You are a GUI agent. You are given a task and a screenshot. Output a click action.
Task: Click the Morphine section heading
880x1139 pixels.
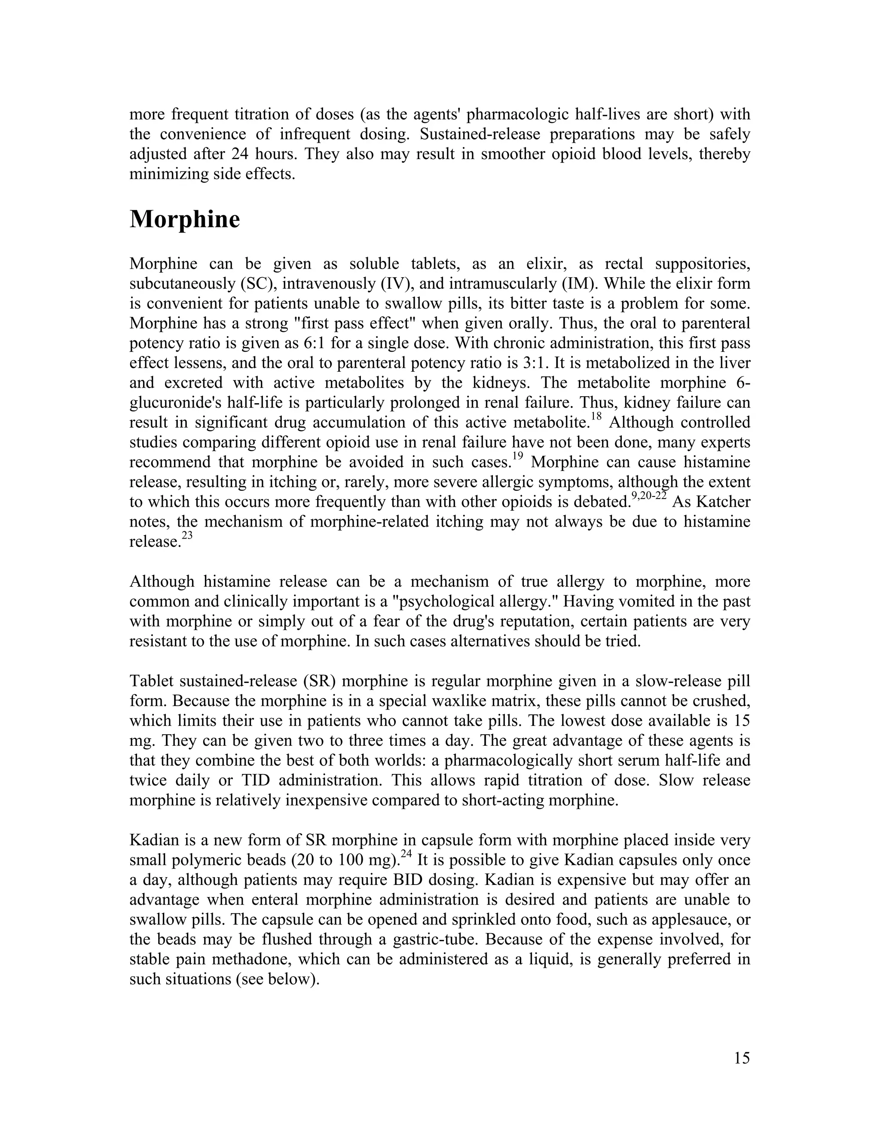(x=184, y=220)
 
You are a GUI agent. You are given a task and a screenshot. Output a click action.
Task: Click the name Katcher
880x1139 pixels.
(x=724, y=502)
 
